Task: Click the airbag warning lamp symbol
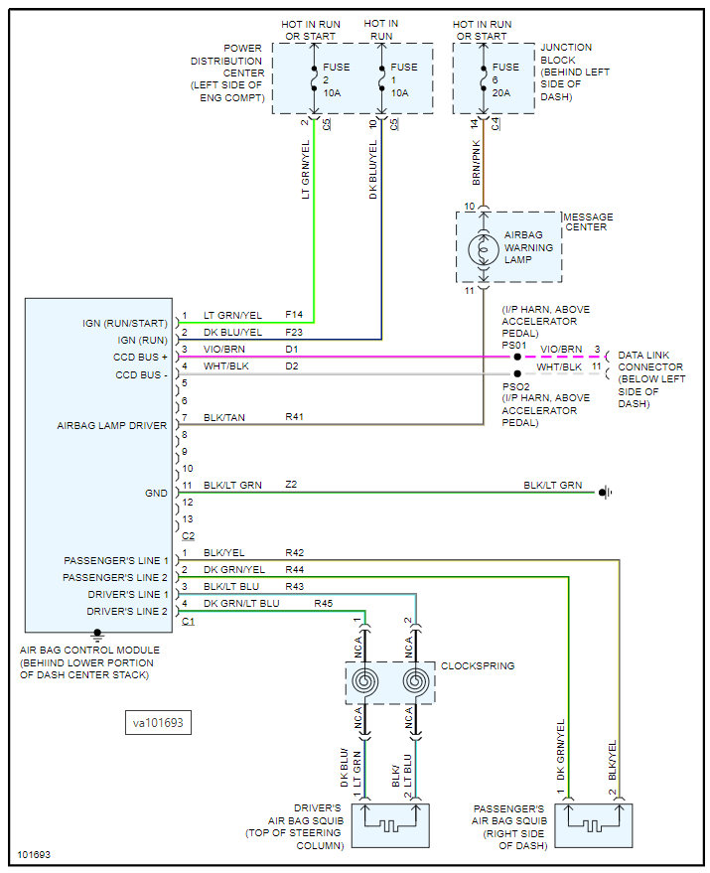[484, 249]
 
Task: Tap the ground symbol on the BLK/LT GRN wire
[606, 493]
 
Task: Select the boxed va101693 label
[158, 723]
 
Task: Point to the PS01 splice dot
[517, 357]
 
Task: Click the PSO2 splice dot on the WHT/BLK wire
[517, 374]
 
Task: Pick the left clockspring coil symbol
[364, 681]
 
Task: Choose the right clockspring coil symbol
[415, 681]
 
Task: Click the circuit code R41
[295, 416]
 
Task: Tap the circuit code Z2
[291, 485]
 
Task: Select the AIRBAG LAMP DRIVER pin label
[112, 425]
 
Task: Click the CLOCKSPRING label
[478, 665]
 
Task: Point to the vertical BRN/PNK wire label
[476, 163]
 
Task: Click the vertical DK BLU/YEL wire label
[373, 169]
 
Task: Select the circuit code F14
[294, 315]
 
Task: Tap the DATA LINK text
[643, 356]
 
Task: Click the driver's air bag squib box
[391, 825]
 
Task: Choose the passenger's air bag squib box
[594, 825]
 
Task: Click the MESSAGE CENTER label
[589, 222]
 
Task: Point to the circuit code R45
[324, 603]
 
